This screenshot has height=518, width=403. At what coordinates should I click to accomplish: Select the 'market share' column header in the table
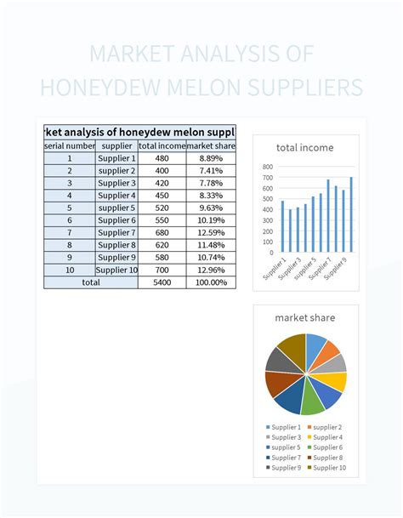(211, 146)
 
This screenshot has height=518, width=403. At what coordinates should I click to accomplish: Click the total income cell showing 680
(162, 232)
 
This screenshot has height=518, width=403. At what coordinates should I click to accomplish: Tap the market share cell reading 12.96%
(211, 270)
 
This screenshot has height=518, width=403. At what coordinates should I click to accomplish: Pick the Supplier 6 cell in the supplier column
(116, 220)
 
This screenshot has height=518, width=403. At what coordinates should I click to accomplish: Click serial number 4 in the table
(71, 196)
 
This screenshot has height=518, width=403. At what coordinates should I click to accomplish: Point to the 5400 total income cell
(162, 282)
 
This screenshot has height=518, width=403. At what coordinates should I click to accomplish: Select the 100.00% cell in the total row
(211, 282)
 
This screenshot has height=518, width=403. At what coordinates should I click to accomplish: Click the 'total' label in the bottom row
(91, 282)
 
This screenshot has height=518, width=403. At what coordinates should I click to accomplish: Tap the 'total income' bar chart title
(305, 147)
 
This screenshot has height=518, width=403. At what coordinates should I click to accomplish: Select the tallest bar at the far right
(350, 214)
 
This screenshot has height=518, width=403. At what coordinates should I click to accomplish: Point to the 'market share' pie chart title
(305, 317)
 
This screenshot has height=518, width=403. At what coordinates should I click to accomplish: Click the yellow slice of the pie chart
(337, 381)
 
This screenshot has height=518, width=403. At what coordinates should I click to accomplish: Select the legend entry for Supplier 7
(287, 457)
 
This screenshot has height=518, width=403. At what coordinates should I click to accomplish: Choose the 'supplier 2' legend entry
(326, 426)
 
